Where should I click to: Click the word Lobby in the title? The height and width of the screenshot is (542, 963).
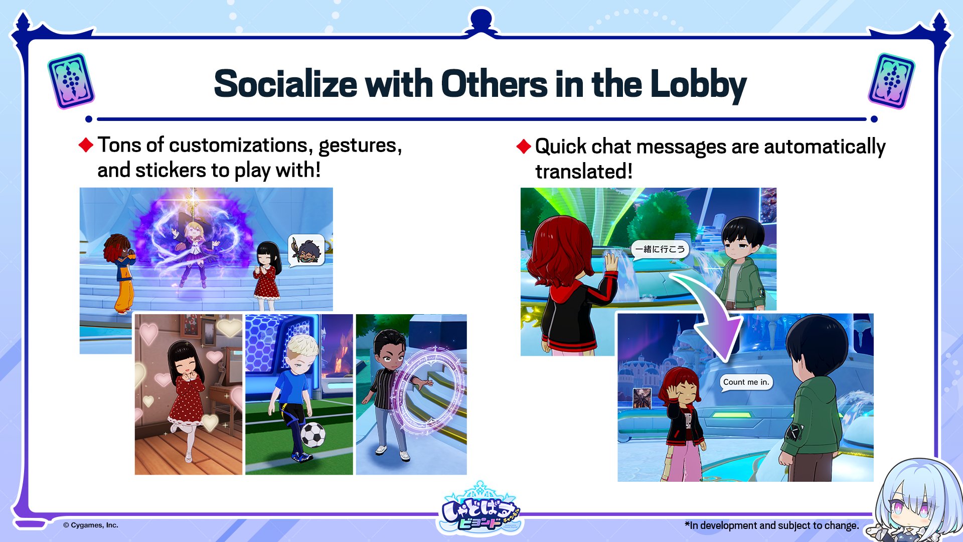click(698, 84)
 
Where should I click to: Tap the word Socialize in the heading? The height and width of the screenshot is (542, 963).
click(285, 83)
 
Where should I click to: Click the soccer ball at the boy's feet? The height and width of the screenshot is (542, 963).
click(312, 435)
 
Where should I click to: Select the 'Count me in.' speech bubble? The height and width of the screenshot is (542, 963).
click(746, 382)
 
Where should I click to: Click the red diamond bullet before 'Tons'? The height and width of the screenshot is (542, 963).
click(86, 145)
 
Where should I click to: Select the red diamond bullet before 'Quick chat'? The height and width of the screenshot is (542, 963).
click(524, 147)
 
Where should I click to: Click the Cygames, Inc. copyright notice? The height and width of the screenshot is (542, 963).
click(91, 525)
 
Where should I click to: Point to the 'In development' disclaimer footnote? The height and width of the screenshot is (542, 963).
click(772, 525)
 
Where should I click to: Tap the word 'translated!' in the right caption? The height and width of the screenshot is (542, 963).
click(584, 172)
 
